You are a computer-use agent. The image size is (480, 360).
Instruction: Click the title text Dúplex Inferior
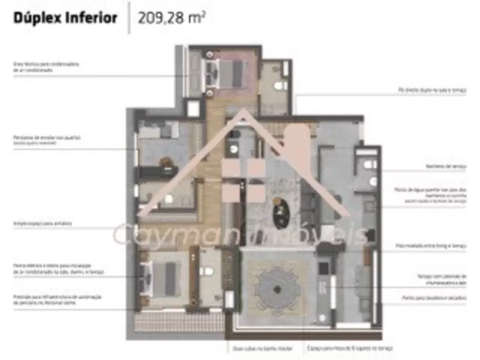pyautogui.click(x=65, y=19)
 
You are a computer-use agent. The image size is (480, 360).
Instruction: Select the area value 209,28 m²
pyautogui.click(x=172, y=19)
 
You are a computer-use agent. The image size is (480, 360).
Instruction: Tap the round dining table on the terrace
pyautogui.click(x=277, y=289)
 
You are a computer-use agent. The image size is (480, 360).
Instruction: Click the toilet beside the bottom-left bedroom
pyautogui.click(x=206, y=272)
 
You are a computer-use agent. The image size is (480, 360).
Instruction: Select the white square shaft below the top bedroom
pyautogui.click(x=193, y=109)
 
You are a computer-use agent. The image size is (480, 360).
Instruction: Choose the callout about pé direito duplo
pyautogui.click(x=432, y=90)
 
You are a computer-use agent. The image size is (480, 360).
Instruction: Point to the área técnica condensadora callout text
pyautogui.click(x=46, y=67)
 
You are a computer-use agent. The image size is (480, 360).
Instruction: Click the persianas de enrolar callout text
pyautogui.click(x=47, y=140)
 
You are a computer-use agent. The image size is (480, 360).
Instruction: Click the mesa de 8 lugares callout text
pyautogui.click(x=349, y=348)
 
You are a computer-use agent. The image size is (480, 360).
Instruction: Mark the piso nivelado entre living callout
pyautogui.click(x=431, y=246)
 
